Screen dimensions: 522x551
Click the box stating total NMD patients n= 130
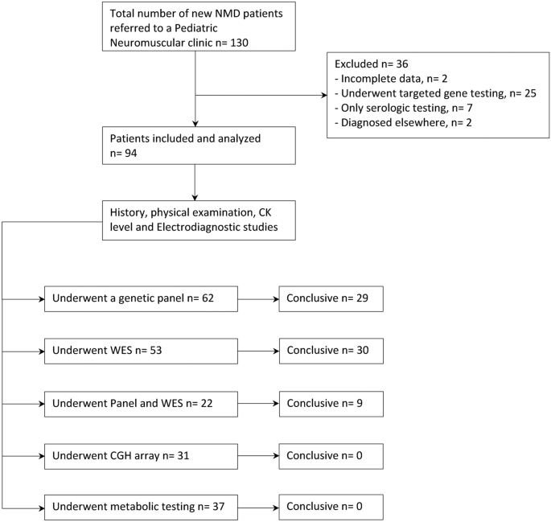195,27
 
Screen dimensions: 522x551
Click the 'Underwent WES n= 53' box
142,351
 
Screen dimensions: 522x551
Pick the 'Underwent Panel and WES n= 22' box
142,404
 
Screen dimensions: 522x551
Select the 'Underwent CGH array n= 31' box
142,456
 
